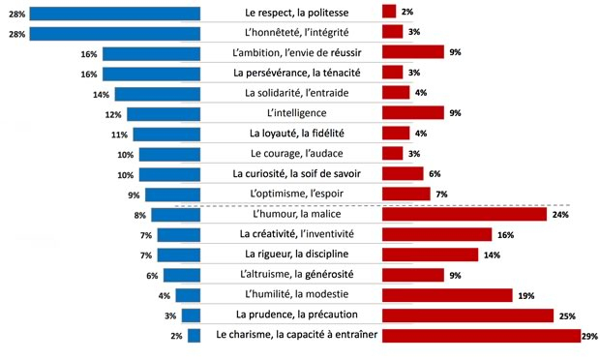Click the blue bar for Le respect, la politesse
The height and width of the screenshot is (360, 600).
(x=115, y=13)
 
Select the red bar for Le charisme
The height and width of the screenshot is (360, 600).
(x=481, y=336)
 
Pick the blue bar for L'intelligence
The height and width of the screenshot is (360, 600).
(x=163, y=113)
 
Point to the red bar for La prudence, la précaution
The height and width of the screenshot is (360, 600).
(x=467, y=315)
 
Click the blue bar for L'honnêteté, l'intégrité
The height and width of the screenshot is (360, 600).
(x=115, y=33)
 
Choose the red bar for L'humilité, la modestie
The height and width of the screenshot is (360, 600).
(x=447, y=295)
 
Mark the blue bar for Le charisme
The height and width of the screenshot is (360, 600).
(x=194, y=336)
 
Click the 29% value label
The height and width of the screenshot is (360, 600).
(x=589, y=337)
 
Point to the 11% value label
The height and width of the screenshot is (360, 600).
(x=119, y=135)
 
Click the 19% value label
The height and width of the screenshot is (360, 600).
(x=526, y=295)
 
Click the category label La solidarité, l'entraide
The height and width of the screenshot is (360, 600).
(x=291, y=93)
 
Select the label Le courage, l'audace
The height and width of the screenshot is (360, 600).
(x=291, y=154)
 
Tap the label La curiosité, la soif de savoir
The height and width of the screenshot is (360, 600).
(x=291, y=174)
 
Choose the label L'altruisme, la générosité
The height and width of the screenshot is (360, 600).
(x=291, y=275)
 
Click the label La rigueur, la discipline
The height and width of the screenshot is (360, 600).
(x=291, y=255)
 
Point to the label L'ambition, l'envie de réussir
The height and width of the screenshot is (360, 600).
(x=291, y=53)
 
